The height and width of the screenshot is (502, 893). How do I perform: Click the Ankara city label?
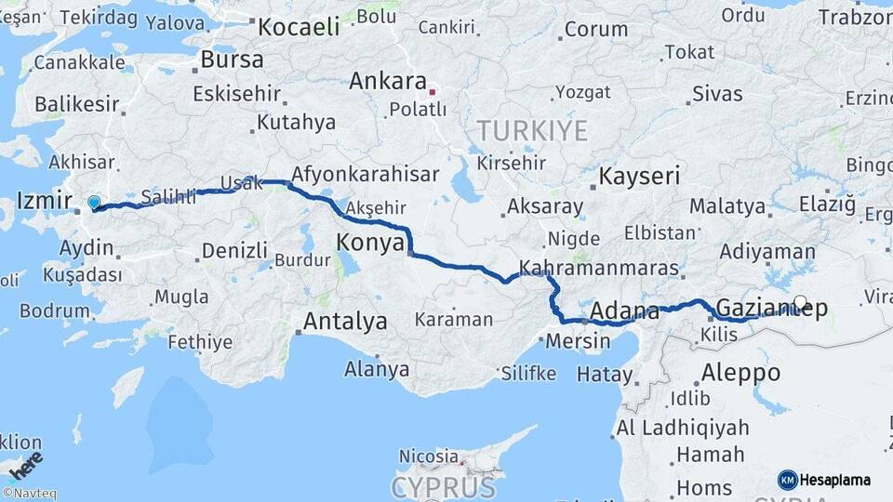(387, 82)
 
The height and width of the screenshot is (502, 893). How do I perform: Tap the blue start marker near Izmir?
(93, 202)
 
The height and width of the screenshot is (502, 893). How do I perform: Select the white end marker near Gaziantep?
(801, 301)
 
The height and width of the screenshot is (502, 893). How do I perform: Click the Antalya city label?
(344, 323)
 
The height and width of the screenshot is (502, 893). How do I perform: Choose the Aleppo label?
(740, 373)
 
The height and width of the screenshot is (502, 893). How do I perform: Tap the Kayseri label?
(639, 176)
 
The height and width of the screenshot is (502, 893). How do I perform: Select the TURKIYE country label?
(532, 131)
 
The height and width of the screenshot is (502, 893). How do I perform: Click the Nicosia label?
(429, 456)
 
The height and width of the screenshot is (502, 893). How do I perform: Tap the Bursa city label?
(232, 59)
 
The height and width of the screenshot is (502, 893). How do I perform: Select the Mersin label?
(580, 341)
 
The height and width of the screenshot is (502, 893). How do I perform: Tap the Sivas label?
(717, 94)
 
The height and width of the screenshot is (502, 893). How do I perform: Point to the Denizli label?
(234, 250)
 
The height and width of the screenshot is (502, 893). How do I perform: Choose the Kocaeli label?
(299, 27)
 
